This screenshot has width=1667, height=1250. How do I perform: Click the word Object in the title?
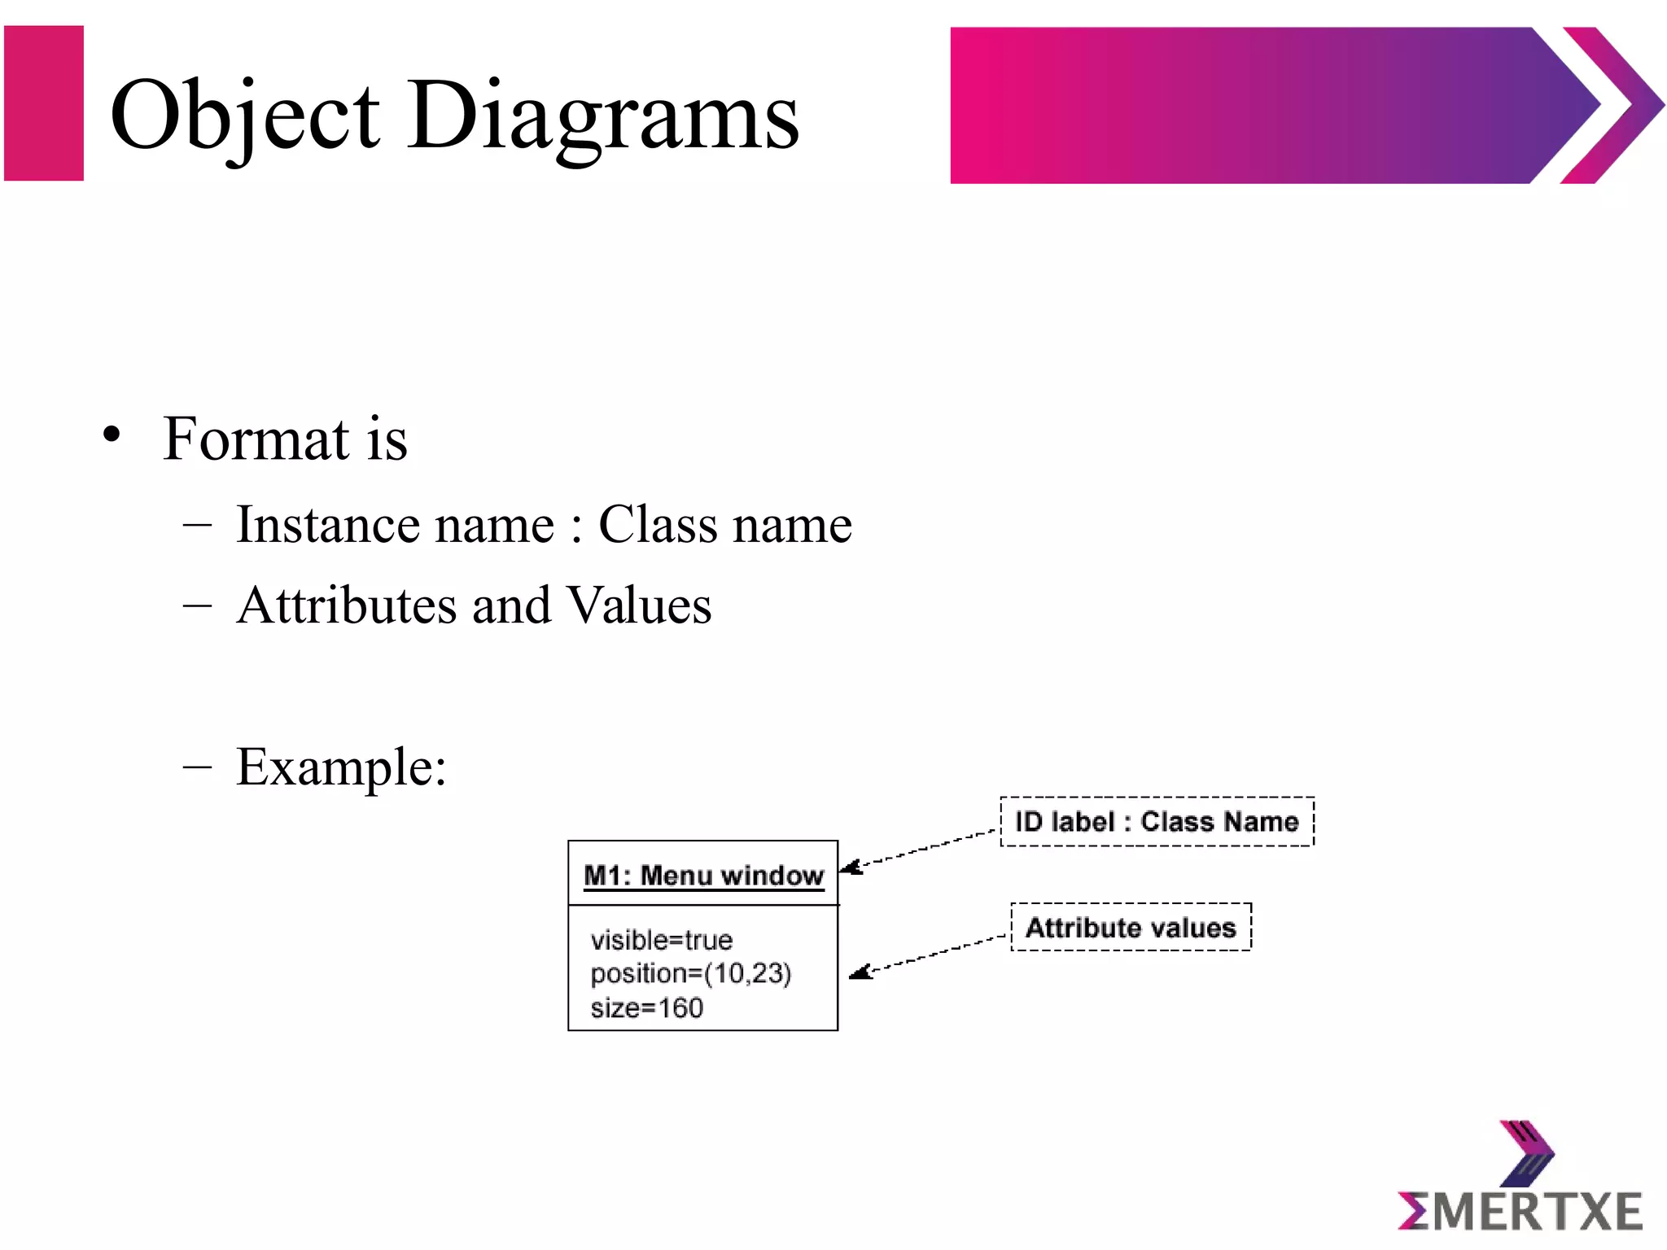click(244, 116)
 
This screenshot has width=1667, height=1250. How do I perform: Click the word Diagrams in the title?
click(603, 116)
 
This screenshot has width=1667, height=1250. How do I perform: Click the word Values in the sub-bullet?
click(638, 605)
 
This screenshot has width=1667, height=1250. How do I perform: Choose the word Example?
click(340, 767)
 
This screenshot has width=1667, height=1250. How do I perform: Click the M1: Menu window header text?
click(703, 876)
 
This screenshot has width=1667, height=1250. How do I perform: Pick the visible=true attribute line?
click(661, 940)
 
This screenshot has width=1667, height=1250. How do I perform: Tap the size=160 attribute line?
click(646, 1007)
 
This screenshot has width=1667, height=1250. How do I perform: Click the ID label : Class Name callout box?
click(1157, 822)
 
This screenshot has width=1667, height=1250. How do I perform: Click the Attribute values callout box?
click(1131, 927)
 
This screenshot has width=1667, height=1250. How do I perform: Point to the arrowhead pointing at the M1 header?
click(850, 868)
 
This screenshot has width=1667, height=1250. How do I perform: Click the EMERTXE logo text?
click(1520, 1211)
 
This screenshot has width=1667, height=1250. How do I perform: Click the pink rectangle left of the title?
click(44, 103)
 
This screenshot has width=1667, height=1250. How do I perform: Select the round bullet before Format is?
click(112, 434)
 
